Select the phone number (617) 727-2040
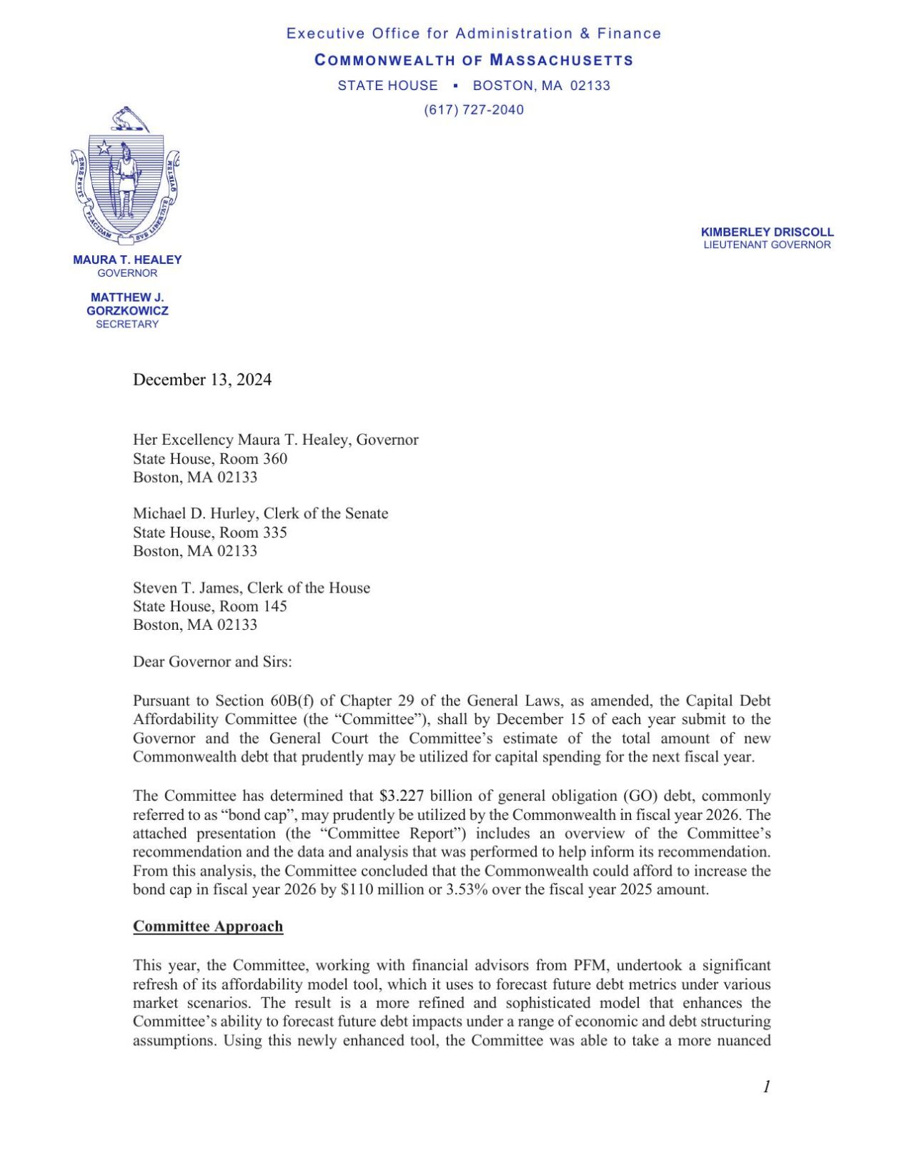(x=473, y=109)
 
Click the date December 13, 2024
(x=202, y=380)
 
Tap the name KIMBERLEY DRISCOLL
(x=767, y=232)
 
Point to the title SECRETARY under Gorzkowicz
(x=127, y=324)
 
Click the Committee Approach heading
(x=208, y=927)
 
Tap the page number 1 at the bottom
(x=766, y=1087)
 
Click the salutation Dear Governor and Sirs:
(x=212, y=661)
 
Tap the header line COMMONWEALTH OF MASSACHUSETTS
(x=474, y=60)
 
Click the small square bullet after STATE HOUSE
(x=455, y=85)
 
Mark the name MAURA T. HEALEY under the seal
(x=127, y=260)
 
